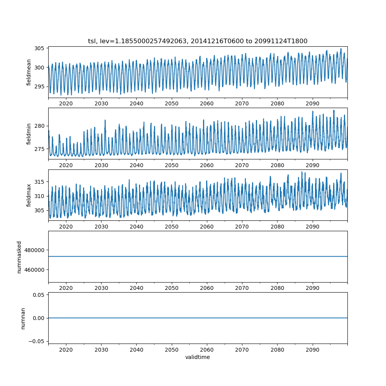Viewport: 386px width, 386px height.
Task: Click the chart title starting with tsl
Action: tap(198, 41)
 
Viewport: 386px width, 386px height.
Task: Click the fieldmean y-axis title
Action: tap(29, 73)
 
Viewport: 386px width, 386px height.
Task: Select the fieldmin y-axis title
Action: tap(29, 134)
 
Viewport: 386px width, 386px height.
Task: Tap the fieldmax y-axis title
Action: tap(29, 195)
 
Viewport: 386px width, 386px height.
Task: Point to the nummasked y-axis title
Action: tap(19, 257)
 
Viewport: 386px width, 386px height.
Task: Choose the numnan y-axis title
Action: tap(23, 318)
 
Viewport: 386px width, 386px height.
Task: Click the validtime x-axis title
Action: tap(198, 357)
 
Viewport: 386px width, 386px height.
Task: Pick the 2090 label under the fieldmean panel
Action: tap(312, 104)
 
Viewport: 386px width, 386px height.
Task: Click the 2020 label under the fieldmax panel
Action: tap(66, 227)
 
